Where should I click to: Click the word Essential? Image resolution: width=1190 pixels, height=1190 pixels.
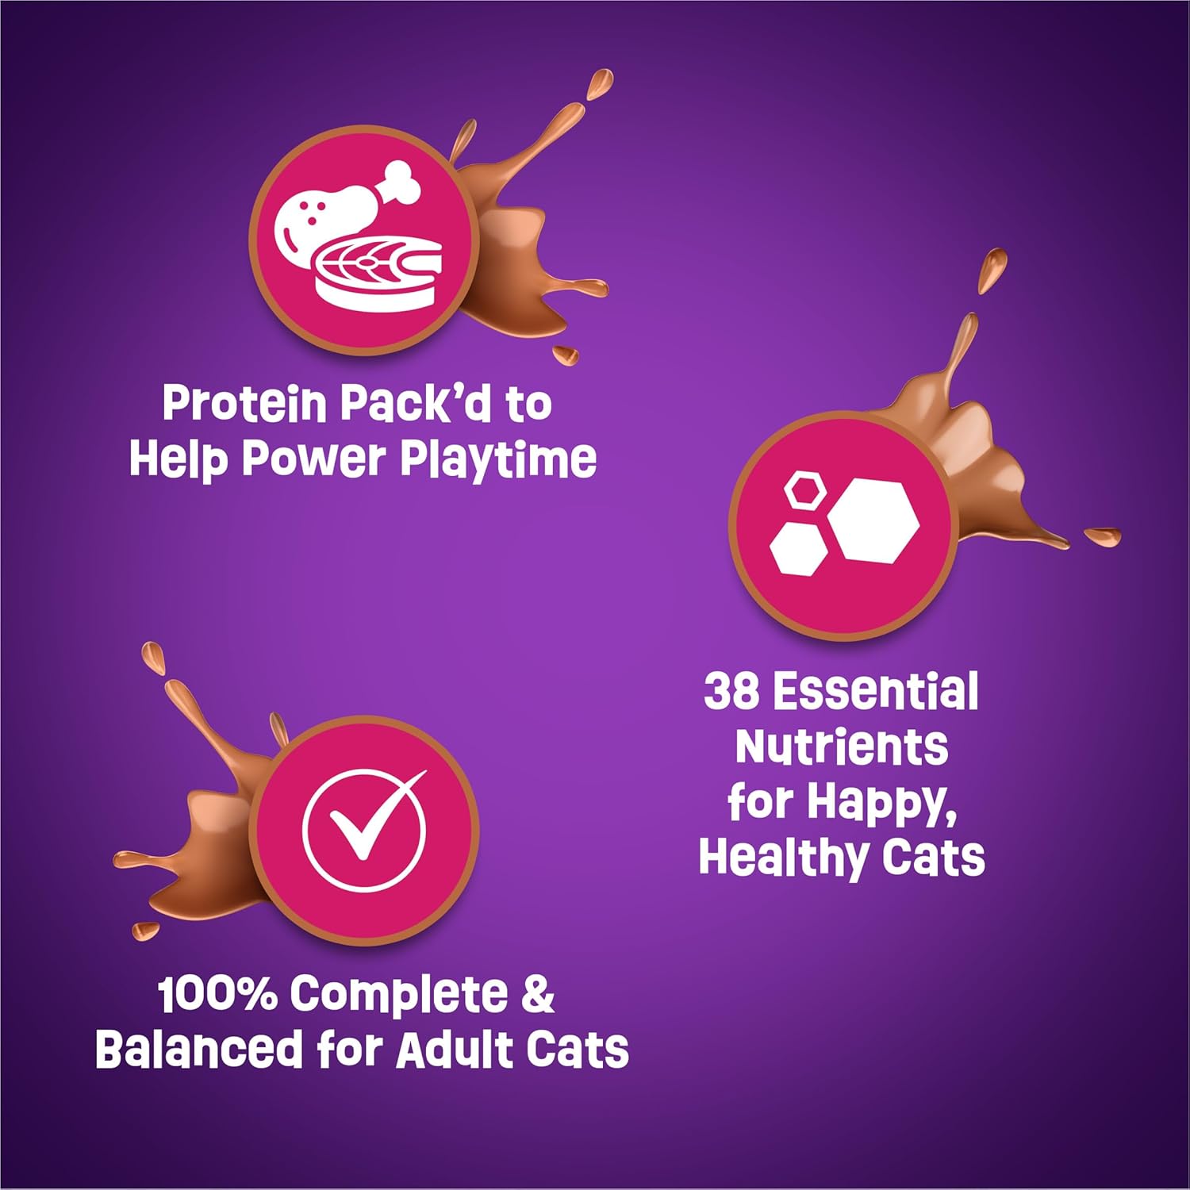pyautogui.click(x=876, y=691)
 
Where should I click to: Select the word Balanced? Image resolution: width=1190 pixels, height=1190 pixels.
pyautogui.click(x=199, y=1050)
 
